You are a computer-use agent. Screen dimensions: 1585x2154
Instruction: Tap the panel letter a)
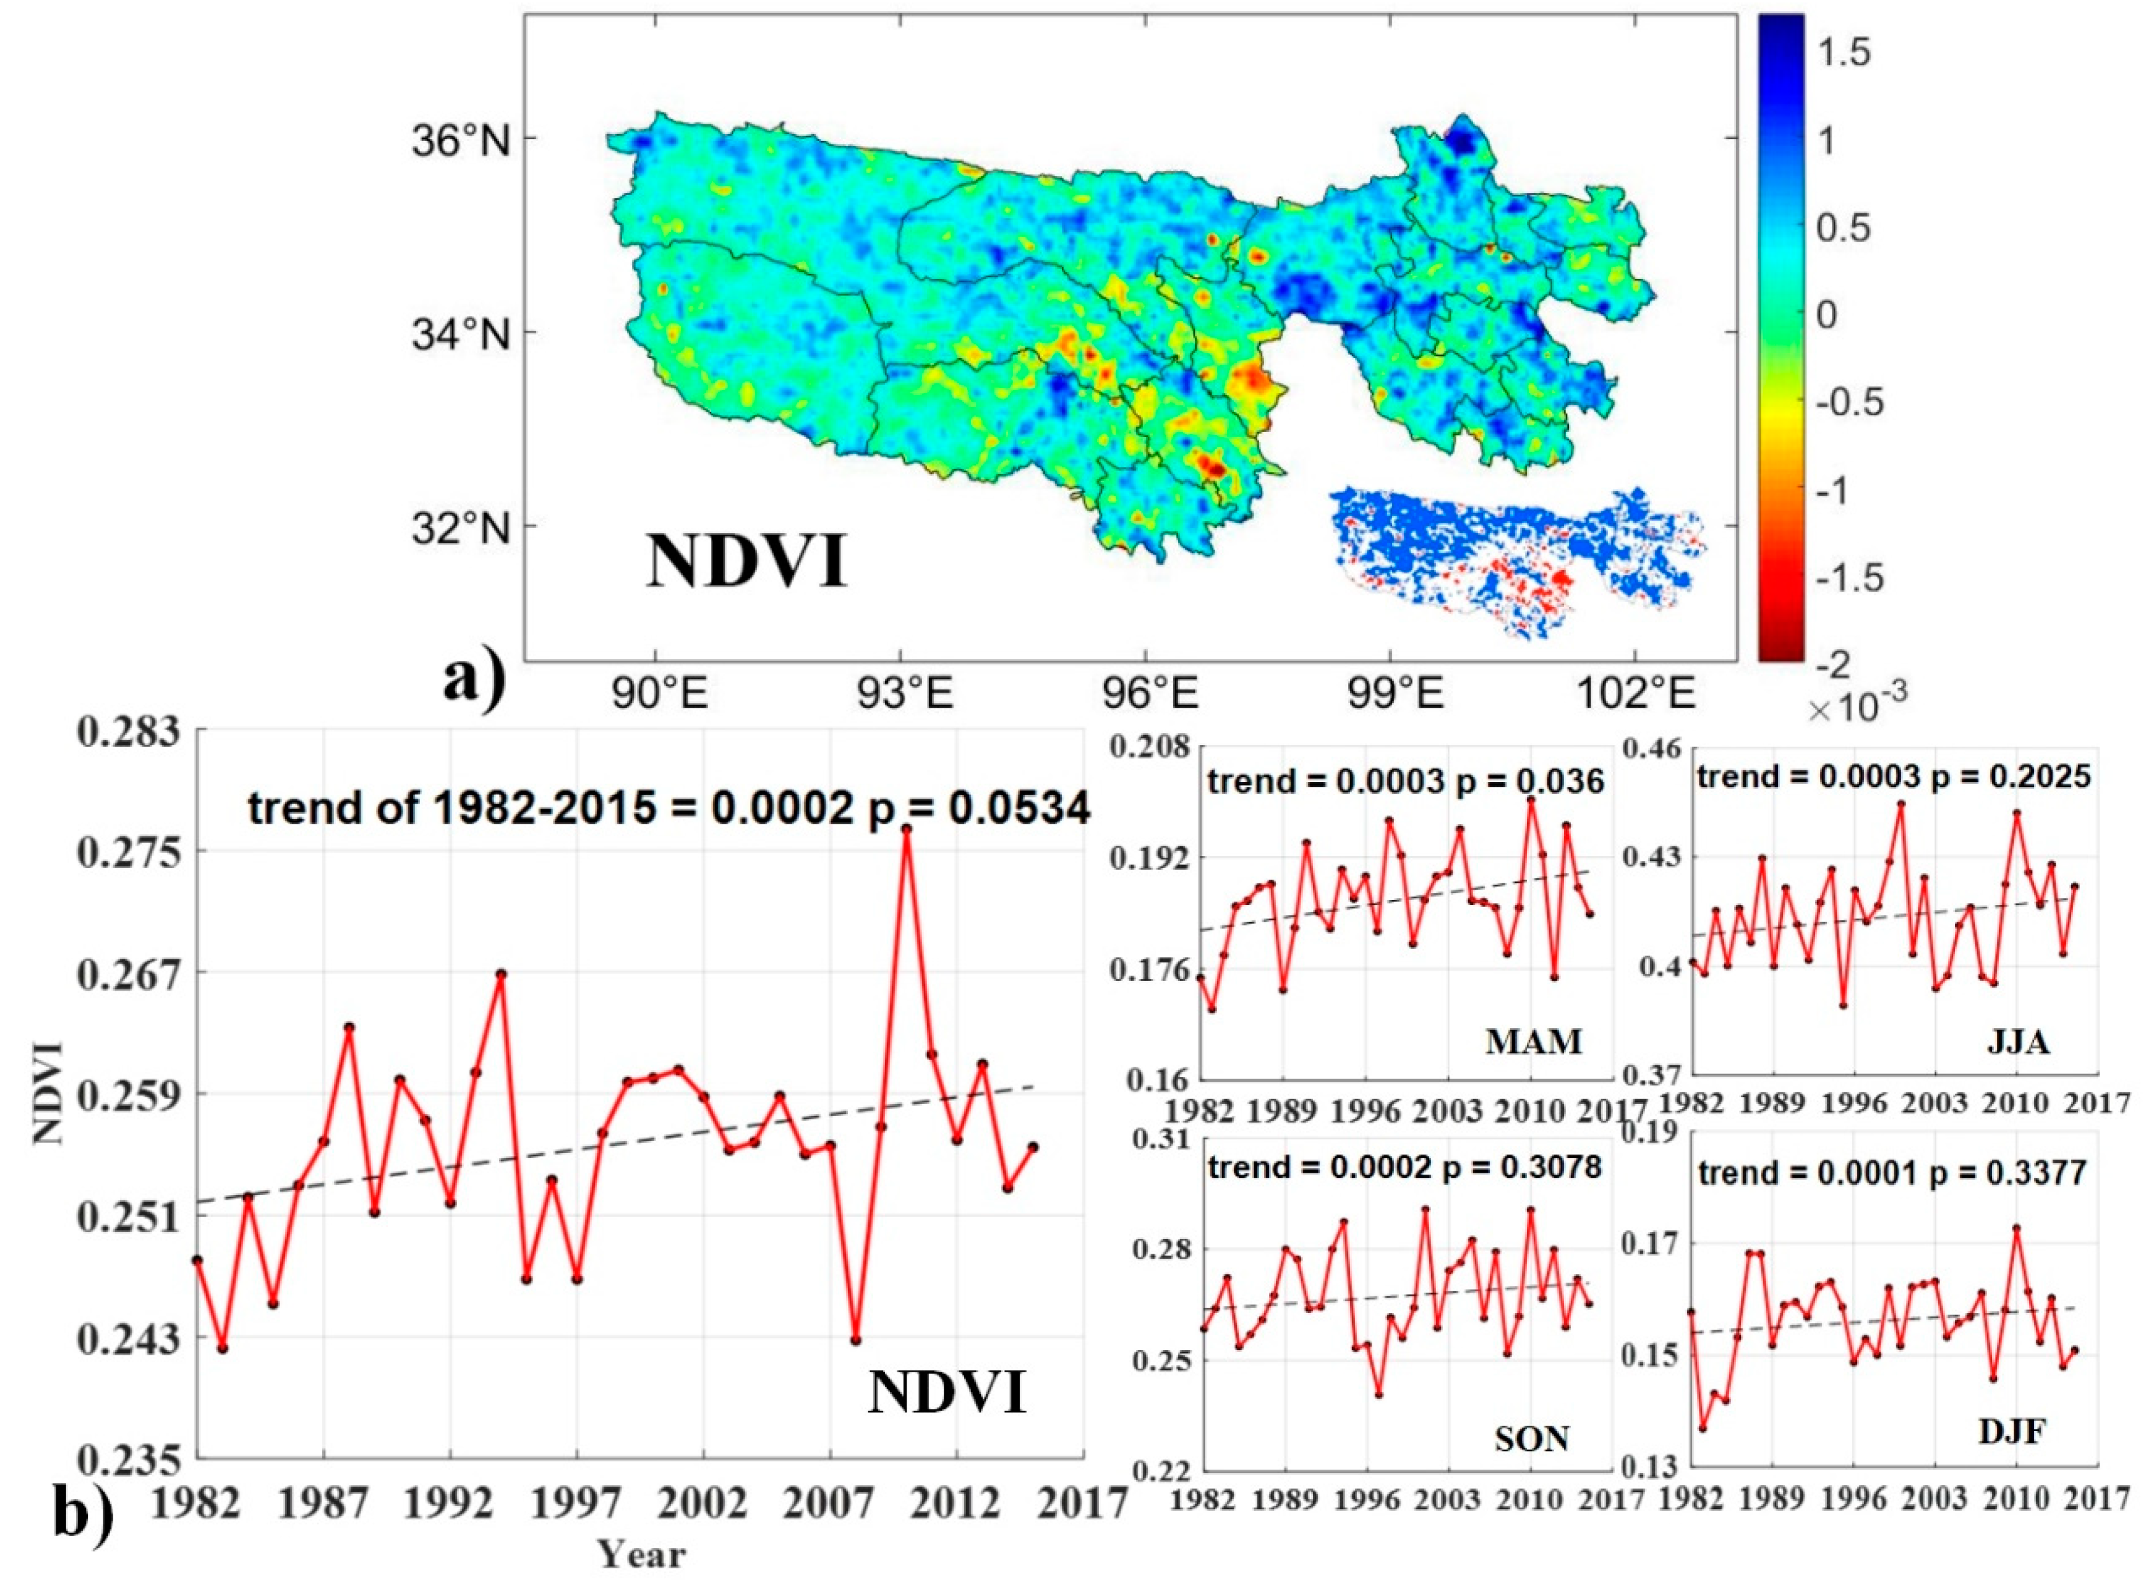coord(473,679)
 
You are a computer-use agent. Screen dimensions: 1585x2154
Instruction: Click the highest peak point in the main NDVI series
coord(906,828)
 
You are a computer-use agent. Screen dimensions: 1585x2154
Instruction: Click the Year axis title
coord(641,1554)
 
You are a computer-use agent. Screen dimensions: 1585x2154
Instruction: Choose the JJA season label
coord(2018,1043)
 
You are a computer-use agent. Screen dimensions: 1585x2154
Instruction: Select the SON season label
coord(1531,1439)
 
